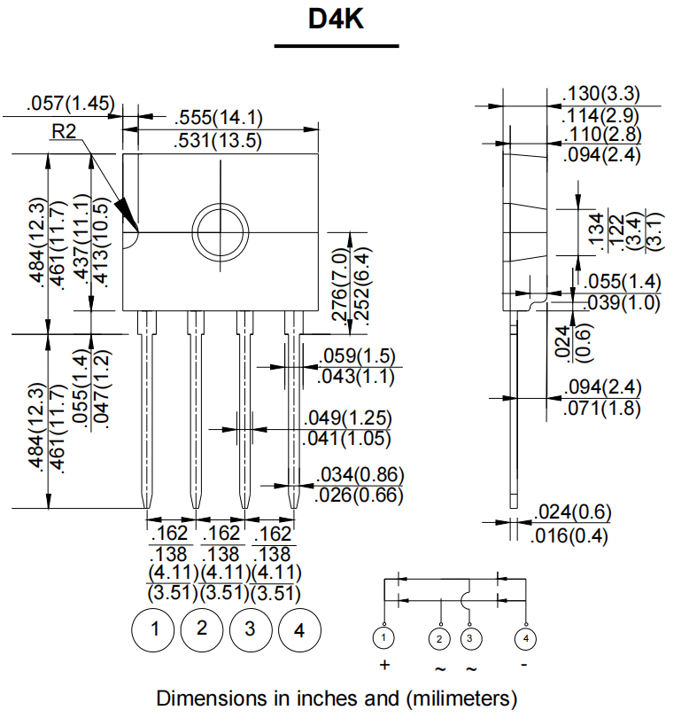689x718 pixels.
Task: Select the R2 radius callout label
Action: pos(65,131)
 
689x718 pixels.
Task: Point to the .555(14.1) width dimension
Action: pos(219,118)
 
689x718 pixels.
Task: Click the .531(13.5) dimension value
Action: pos(219,140)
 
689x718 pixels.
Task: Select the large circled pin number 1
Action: pos(155,629)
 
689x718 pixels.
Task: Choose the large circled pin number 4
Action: pos(299,629)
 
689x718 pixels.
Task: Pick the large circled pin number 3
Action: pos(251,629)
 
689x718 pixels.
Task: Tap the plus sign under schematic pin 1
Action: pos(384,665)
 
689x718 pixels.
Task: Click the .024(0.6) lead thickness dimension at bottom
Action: pos(573,513)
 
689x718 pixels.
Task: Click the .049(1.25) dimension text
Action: pos(347,418)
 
